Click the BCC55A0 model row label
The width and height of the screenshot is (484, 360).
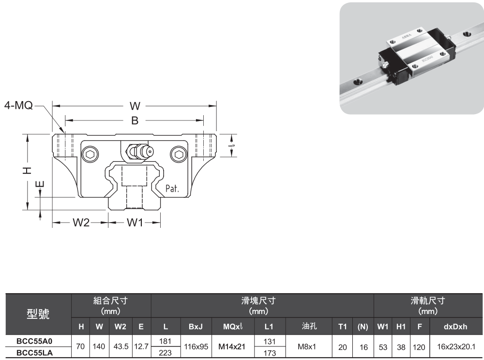(x=34, y=341)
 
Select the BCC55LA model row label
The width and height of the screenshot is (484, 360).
(x=34, y=353)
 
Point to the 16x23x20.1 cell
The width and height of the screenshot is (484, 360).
(x=455, y=346)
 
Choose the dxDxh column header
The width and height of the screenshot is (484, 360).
(x=455, y=327)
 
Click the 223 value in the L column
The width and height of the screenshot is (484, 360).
(x=166, y=353)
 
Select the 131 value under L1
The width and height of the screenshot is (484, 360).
(x=269, y=341)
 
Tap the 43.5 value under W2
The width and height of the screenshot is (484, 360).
(x=119, y=346)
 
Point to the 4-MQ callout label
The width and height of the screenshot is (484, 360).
(x=19, y=105)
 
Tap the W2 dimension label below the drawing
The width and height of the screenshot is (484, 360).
(x=81, y=223)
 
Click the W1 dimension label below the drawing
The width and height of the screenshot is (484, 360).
(x=135, y=223)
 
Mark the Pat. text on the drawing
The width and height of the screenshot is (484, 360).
(x=172, y=188)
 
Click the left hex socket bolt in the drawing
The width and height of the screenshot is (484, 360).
(x=90, y=155)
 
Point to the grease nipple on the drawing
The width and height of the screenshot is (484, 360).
(x=139, y=151)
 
